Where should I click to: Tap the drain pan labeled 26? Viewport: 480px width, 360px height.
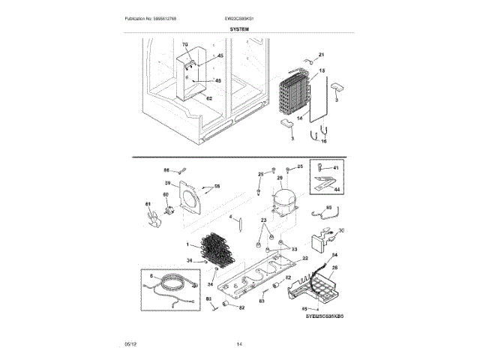(320, 287)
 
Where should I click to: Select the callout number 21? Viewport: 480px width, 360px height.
(321, 55)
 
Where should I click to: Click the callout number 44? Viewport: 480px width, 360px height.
(335, 191)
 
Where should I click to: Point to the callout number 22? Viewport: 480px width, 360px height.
(304, 258)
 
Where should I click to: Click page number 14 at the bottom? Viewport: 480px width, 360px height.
(239, 343)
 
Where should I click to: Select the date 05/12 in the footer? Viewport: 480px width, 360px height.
(130, 343)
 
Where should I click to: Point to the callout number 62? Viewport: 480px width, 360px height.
(208, 98)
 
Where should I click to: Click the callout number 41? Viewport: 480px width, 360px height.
(335, 168)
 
